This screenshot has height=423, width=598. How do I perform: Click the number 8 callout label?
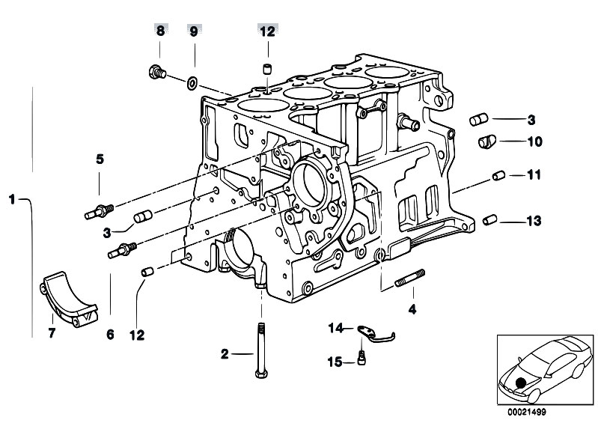pyautogui.click(x=159, y=31)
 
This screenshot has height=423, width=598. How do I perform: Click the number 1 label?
pyautogui.click(x=12, y=199)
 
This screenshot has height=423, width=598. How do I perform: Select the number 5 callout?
pyautogui.click(x=99, y=159)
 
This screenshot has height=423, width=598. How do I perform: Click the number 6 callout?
pyautogui.click(x=110, y=335)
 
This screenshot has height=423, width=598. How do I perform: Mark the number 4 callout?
pyautogui.click(x=410, y=308)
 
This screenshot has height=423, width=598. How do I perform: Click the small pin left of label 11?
pyautogui.click(x=495, y=177)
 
